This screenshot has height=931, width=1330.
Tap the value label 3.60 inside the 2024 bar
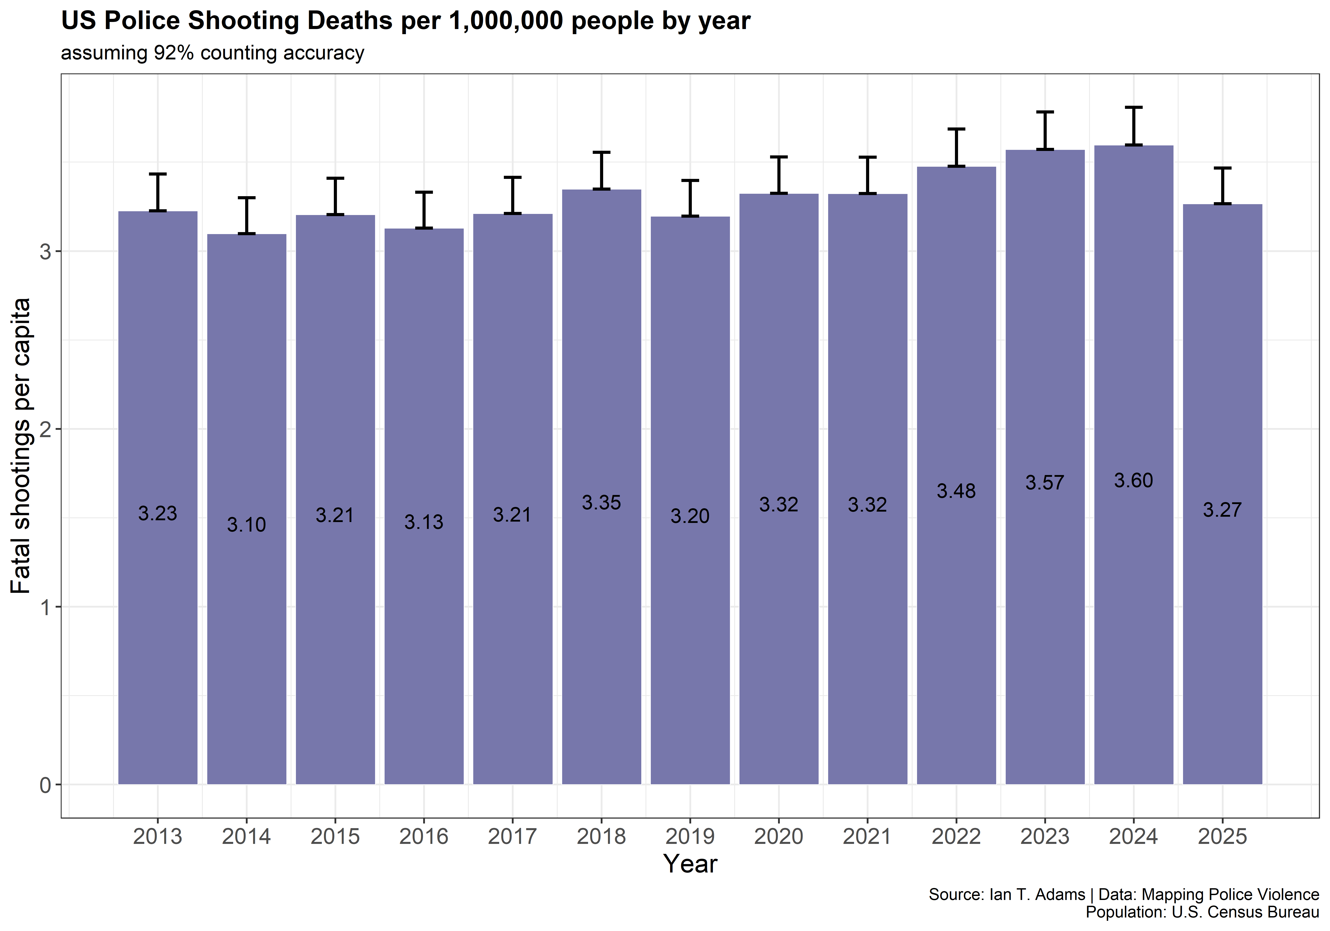1133,480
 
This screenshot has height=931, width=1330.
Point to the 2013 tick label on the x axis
158,837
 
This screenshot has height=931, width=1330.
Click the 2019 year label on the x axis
690,837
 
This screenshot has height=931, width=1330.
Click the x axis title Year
690,864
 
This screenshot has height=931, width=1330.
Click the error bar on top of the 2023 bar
1045,130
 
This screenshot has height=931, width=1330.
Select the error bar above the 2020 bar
778,175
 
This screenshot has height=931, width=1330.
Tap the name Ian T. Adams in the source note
1037,894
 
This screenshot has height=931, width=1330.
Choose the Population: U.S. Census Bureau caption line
1202,912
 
